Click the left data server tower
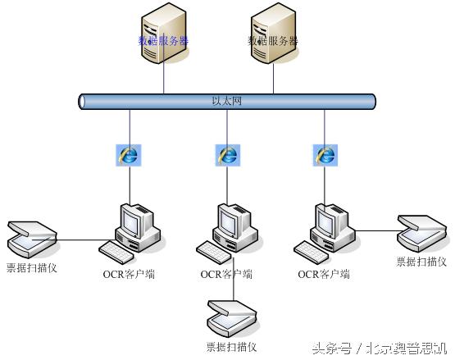click(x=163, y=34)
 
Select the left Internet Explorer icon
click(x=129, y=154)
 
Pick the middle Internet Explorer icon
click(x=227, y=154)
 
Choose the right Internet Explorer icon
click(x=325, y=154)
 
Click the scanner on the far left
click(x=31, y=239)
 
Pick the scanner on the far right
click(x=421, y=234)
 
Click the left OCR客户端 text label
click(x=129, y=274)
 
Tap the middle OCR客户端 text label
click(x=226, y=274)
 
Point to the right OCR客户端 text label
click(x=324, y=274)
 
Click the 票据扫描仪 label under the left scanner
click(x=31, y=267)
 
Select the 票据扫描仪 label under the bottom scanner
click(x=232, y=347)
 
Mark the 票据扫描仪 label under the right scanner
click(x=421, y=262)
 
